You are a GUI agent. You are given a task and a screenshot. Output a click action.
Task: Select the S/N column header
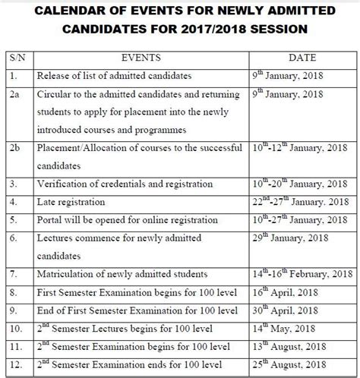tap(17, 56)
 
